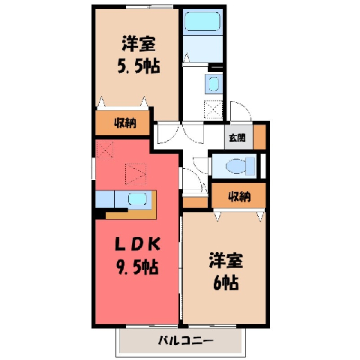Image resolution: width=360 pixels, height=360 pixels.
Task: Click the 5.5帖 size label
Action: pyautogui.click(x=139, y=66)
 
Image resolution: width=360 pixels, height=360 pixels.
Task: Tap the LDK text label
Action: pyautogui.click(x=137, y=244)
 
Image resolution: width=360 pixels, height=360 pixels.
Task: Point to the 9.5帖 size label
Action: pyautogui.click(x=137, y=267)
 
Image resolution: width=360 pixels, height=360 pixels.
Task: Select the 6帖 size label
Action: pyautogui.click(x=225, y=283)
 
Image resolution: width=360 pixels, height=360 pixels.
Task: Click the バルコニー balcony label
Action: pyautogui.click(x=186, y=340)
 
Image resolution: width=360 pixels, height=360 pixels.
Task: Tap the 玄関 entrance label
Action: pyautogui.click(x=237, y=137)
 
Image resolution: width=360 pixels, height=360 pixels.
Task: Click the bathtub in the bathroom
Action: pyautogui.click(x=202, y=21)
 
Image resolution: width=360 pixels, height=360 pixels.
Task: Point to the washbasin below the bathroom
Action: pyautogui.click(x=214, y=84)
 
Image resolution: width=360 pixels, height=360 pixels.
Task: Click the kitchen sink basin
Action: pyautogui.click(x=137, y=199)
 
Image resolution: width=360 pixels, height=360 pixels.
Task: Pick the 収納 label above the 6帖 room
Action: pyautogui.click(x=239, y=196)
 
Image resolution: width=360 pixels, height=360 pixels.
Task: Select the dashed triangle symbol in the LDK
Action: pyautogui.click(x=136, y=174)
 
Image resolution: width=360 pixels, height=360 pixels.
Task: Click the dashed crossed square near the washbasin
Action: pyautogui.click(x=213, y=109)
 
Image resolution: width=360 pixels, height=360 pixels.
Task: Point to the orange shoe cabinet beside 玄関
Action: pyautogui.click(x=259, y=137)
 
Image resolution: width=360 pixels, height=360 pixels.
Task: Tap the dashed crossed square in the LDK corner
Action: pyautogui.click(x=105, y=149)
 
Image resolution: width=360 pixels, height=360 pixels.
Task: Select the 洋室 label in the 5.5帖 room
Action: pyautogui.click(x=139, y=44)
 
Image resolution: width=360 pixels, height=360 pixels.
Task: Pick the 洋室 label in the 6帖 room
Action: pyautogui.click(x=226, y=260)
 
